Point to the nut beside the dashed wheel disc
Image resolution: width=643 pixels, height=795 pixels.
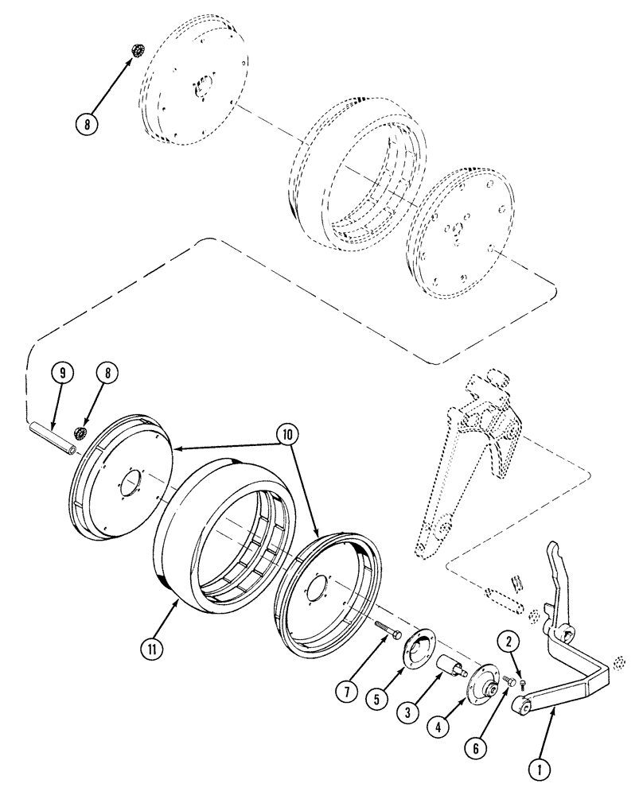click(x=135, y=52)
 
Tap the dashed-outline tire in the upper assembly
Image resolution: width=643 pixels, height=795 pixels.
click(x=350, y=175)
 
